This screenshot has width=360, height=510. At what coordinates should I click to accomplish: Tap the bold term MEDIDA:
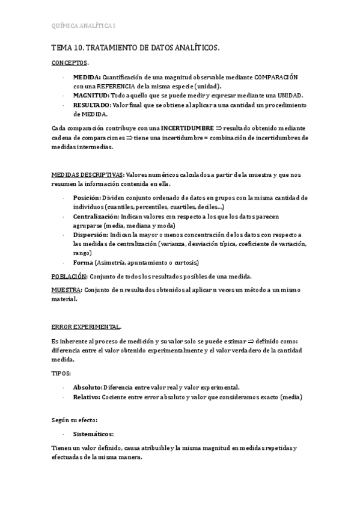tap(87, 78)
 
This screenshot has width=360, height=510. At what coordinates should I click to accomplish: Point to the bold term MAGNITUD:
tap(91, 96)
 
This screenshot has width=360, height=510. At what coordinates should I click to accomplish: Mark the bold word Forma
tap(83, 262)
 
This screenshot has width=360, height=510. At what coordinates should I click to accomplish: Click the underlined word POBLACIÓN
tap(69, 276)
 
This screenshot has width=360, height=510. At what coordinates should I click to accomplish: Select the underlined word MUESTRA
tap(66, 290)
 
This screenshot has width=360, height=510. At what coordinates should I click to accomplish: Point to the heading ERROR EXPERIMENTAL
tap(85, 327)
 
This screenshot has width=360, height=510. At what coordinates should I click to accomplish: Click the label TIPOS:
tap(61, 373)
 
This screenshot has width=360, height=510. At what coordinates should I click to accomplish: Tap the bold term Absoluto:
tap(88, 387)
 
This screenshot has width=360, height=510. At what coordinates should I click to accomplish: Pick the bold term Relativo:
tap(87, 397)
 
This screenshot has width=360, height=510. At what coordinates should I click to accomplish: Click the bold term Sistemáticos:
tap(93, 433)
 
